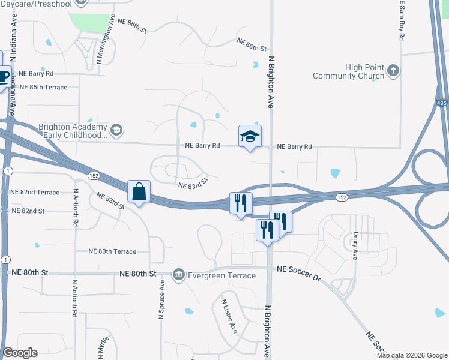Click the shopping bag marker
point(139,193)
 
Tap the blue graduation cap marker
point(250,137)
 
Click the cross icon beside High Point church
point(393,71)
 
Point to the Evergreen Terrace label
point(221,276)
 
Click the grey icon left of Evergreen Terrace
point(179,275)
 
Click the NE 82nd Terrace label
point(35,193)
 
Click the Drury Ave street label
point(355,246)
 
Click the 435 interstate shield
point(442,104)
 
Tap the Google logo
point(20,353)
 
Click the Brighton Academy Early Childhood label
point(73,131)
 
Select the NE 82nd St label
point(28,211)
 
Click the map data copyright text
point(412,355)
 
